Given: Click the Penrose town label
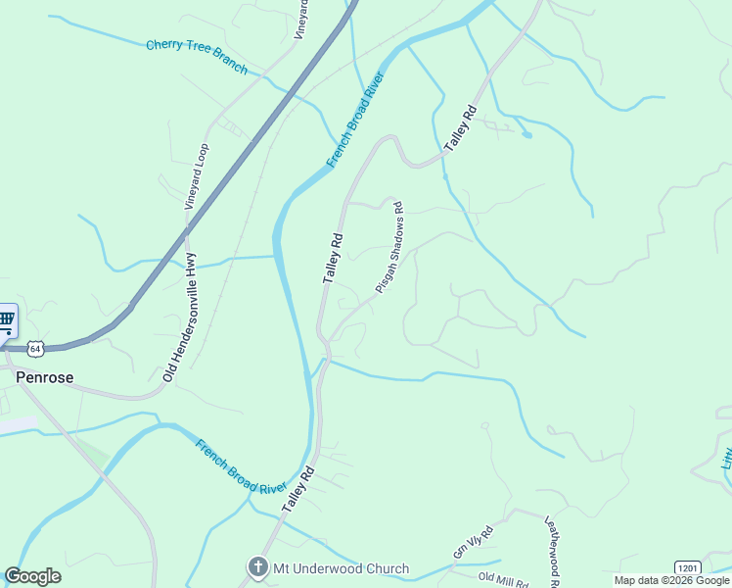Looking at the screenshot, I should coord(44,376).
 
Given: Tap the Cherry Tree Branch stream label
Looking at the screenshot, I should coord(197,57).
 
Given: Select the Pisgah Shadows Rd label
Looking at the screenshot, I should coord(389,248).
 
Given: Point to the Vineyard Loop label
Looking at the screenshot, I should coord(197,177).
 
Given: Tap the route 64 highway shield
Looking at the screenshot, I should coord(35,348).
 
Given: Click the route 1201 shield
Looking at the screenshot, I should coord(687,567).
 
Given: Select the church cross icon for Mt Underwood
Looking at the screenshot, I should coord(256,567).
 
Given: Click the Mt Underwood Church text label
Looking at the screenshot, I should coord(342,568).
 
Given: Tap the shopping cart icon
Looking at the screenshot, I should coord(6,318).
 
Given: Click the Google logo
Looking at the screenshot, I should coord(33,576).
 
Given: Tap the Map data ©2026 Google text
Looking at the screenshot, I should coord(671,580).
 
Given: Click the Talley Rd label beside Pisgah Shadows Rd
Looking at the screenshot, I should coord(334,259).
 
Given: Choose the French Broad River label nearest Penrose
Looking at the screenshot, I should coord(240,466).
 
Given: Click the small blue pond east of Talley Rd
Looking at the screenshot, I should coord(527,134).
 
